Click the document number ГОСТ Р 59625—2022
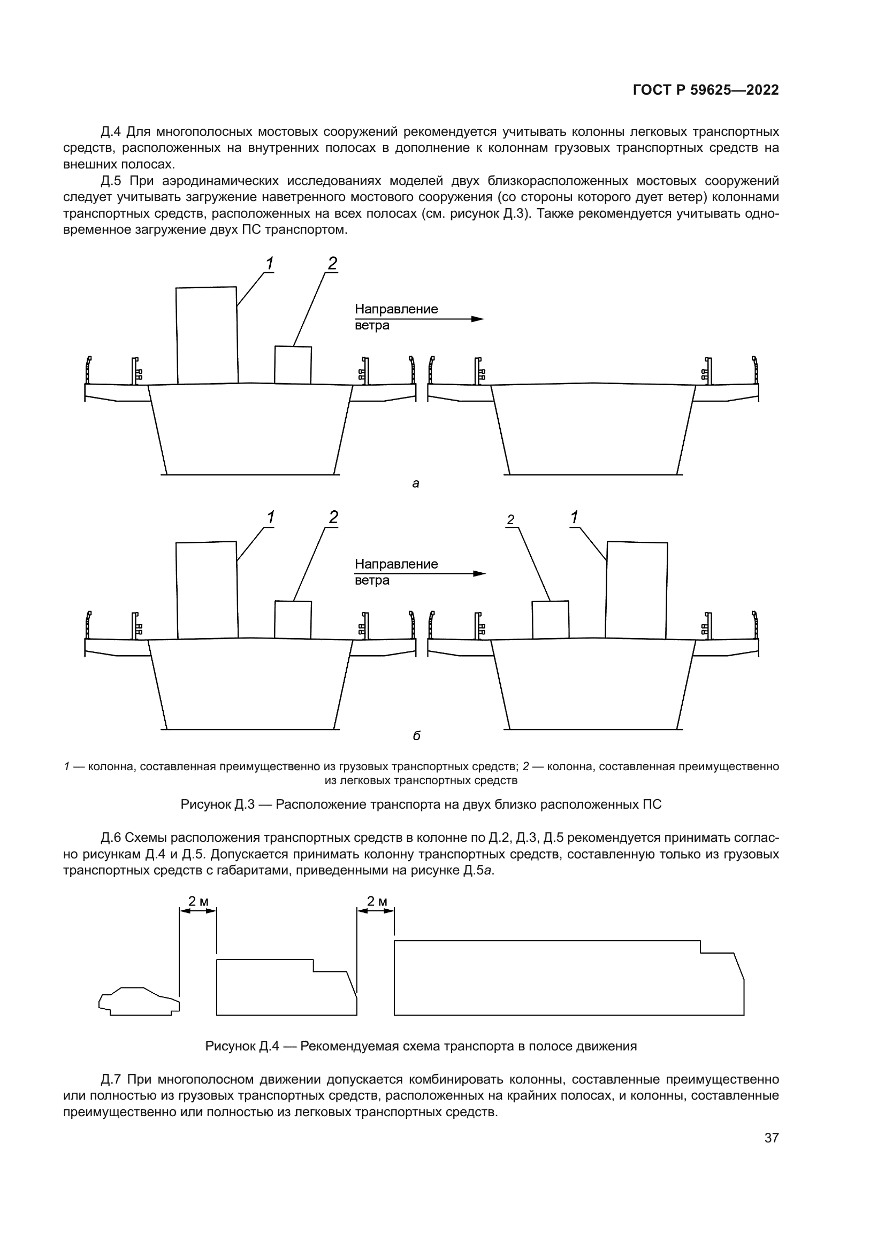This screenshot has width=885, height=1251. [x=706, y=90]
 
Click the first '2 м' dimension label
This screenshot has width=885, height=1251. [x=199, y=901]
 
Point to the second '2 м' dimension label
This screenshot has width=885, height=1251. [x=377, y=901]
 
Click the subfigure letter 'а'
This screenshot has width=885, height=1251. [x=416, y=483]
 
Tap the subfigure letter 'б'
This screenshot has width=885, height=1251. [x=416, y=736]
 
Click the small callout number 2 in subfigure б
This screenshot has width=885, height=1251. [x=510, y=520]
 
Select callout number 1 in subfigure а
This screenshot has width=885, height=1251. [x=269, y=263]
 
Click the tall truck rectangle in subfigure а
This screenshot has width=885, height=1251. [x=207, y=335]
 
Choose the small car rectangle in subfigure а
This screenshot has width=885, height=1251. [x=293, y=365]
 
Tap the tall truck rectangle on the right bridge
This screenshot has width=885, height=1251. [x=637, y=589]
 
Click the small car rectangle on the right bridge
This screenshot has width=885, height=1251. [x=551, y=619]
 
